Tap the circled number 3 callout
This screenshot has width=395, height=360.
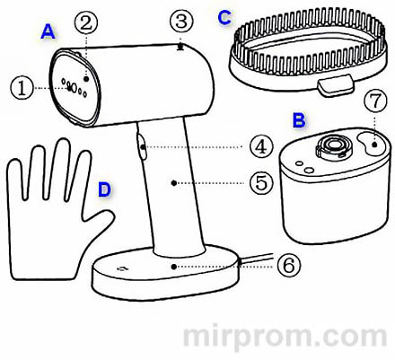tap(182, 20)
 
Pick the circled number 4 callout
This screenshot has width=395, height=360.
tap(260, 145)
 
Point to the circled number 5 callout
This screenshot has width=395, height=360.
tap(260, 183)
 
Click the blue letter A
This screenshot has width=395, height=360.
tap(48, 32)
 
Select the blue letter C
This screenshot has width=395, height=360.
tap(225, 15)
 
